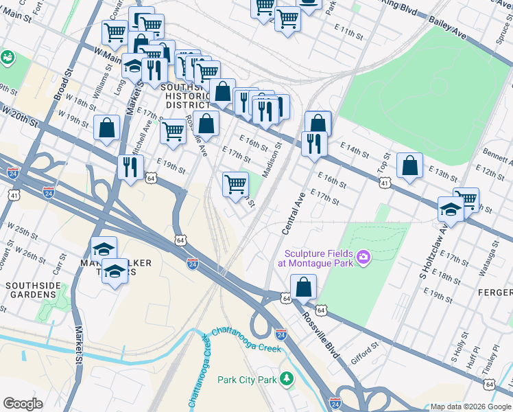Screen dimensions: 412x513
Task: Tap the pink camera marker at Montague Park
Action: [363, 258]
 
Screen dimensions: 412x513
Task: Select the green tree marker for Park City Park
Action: [286, 379]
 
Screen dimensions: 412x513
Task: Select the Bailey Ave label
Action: [448, 32]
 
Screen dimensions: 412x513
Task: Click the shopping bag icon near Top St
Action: [409, 165]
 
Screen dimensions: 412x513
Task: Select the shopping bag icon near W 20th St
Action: [107, 128]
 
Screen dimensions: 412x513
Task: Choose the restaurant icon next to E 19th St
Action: [129, 166]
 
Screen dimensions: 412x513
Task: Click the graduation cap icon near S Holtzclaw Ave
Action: [451, 209]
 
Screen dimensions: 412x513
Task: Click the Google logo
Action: [23, 404]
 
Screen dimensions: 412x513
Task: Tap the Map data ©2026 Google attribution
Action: [470, 407]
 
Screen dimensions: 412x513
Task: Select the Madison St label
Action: [272, 159]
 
